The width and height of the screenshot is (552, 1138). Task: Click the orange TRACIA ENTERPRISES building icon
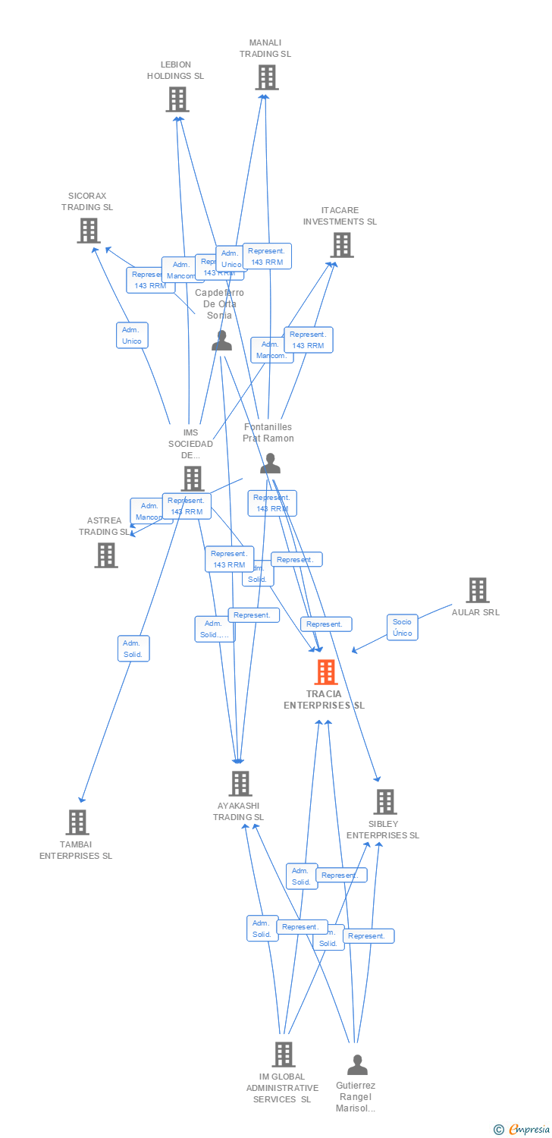tap(326, 672)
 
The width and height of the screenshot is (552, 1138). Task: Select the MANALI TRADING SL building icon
tap(266, 77)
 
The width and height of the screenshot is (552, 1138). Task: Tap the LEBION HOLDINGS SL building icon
tap(177, 99)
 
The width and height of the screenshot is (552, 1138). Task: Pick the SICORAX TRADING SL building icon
tap(89, 231)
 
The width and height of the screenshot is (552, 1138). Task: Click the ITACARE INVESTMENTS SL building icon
tap(342, 245)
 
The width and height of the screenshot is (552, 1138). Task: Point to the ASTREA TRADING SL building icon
tap(106, 555)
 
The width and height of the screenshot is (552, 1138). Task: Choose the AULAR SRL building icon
tap(477, 590)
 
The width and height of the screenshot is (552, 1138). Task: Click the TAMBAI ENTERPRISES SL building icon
tap(77, 822)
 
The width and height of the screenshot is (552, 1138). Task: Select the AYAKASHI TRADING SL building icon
tap(240, 784)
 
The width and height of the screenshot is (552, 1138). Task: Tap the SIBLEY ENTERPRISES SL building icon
tap(384, 802)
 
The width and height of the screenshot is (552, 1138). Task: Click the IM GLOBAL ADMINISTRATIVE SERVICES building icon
tap(283, 1055)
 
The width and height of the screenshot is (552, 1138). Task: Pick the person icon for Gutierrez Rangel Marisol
tap(357, 1065)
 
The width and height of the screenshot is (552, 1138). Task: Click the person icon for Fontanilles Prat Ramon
tap(270, 464)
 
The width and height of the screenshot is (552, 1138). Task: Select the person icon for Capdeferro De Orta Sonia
tap(221, 341)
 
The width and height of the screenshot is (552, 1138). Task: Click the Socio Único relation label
tap(402, 627)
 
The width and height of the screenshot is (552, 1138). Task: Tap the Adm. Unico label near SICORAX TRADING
tap(132, 335)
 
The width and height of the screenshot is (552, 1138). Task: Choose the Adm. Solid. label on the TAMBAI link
tap(133, 649)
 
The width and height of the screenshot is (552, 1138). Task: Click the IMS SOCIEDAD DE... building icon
tap(193, 479)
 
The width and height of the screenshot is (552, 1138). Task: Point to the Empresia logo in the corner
tap(522, 1130)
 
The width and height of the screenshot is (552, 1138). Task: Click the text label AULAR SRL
tap(475, 612)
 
